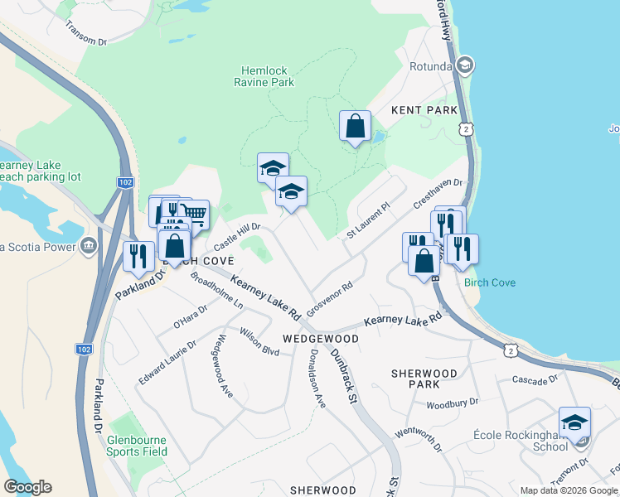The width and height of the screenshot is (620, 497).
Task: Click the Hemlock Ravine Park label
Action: click(x=268, y=77)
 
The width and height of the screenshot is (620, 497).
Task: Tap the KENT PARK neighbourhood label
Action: click(x=424, y=110)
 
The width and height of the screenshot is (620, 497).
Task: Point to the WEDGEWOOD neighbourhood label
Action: click(x=321, y=339)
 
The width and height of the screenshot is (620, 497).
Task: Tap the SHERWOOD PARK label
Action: click(x=425, y=379)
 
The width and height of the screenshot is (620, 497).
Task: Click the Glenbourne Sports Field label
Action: click(x=137, y=446)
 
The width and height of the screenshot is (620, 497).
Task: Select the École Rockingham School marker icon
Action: click(x=574, y=422)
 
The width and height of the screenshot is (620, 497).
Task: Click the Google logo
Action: click(x=27, y=487)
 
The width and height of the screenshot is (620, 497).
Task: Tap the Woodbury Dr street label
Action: click(x=452, y=403)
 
